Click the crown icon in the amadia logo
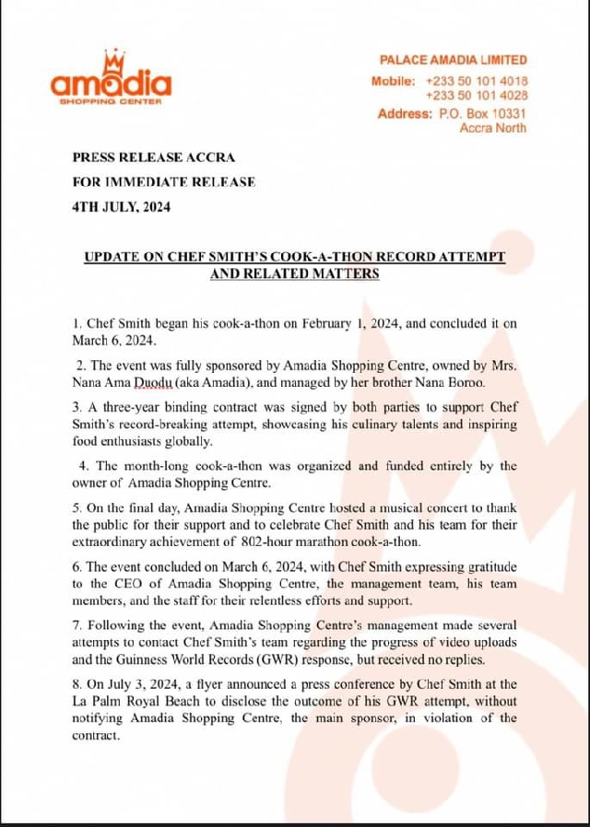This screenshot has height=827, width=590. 115,59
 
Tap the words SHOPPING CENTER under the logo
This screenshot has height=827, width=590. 111,101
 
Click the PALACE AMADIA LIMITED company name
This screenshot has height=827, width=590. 454,60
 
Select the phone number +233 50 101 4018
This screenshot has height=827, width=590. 477,81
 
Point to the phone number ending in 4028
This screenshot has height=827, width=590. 477,95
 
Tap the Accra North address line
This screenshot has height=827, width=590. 493,128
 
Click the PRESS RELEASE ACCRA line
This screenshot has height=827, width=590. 143,157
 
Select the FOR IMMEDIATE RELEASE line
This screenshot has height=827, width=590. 163,181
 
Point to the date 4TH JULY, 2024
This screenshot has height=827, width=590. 121,206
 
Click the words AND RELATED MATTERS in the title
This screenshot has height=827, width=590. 294,274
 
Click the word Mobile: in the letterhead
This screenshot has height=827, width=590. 394,81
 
